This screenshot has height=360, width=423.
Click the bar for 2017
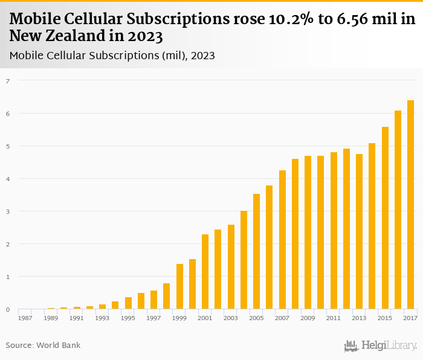coord(410,205)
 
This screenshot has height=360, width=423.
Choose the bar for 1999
coord(179,287)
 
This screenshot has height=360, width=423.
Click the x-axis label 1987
coord(25,318)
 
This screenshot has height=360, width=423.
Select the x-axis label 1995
coord(128,318)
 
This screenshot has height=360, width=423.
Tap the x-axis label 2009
coord(308,318)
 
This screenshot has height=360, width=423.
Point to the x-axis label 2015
coord(385,318)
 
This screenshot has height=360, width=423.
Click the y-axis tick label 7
coord(8,80)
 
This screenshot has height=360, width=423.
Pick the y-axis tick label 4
coord(8,179)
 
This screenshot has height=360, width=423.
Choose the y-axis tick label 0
coord(8,309)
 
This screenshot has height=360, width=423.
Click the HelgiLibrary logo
coord(381,346)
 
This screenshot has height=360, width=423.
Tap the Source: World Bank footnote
coord(43,346)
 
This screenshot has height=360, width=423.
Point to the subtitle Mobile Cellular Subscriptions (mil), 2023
coord(112,56)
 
